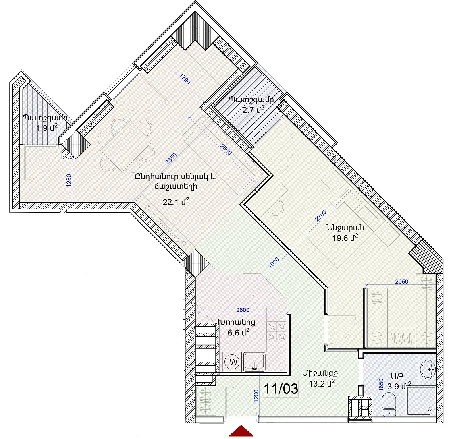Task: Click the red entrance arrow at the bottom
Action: click(x=241, y=431)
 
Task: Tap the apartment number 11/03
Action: click(x=280, y=389)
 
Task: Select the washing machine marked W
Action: click(x=233, y=362)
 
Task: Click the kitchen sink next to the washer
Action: click(x=254, y=362)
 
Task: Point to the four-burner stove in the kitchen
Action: click(x=276, y=332)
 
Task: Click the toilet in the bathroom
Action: click(x=389, y=404)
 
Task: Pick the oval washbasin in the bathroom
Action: click(x=428, y=369)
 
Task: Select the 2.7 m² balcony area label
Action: click(x=253, y=110)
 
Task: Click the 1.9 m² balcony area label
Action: click(x=47, y=128)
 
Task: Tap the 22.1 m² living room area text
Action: click(x=176, y=202)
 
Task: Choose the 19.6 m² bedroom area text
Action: click(x=345, y=238)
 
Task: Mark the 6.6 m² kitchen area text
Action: click(x=239, y=332)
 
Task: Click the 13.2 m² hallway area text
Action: click(x=322, y=383)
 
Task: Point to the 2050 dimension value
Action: click(x=402, y=282)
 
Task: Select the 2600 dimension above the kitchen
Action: click(x=243, y=310)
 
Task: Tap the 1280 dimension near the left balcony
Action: click(x=69, y=180)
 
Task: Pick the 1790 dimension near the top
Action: click(x=185, y=79)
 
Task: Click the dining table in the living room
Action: click(x=126, y=146)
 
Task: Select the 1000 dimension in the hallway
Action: click(x=274, y=263)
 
